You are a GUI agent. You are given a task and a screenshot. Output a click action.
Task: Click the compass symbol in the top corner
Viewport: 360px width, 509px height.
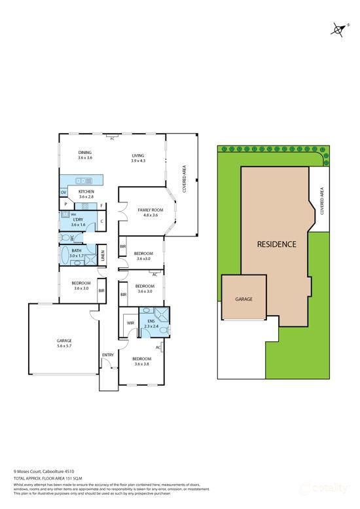coord(338,29)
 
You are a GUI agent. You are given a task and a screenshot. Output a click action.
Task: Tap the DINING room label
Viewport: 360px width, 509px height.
coord(85,153)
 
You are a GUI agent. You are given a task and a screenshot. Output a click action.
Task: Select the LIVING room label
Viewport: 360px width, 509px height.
coord(137,155)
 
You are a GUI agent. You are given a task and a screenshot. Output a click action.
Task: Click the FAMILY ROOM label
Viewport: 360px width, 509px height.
coord(151,210)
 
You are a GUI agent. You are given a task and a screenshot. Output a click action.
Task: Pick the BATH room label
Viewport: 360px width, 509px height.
coord(77,250)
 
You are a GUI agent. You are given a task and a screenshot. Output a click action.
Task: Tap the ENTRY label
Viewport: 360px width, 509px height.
coord(108,355)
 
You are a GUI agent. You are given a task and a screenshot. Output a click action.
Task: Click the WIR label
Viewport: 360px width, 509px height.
coord(130,322)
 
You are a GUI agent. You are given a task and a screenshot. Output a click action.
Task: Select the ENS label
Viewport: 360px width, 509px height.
coord(151,321)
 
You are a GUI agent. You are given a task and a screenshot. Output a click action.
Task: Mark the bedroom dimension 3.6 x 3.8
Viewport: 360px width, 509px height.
coord(142,364)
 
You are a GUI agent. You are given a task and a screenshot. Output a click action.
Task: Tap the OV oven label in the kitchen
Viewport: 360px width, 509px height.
coord(63,192)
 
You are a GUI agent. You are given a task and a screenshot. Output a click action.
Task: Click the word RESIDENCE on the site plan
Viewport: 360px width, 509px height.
coord(276,244)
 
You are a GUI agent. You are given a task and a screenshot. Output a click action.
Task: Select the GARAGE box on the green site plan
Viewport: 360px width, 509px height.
coord(243,299)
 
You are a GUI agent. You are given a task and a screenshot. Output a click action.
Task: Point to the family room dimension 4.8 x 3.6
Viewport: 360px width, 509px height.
coord(151,215)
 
